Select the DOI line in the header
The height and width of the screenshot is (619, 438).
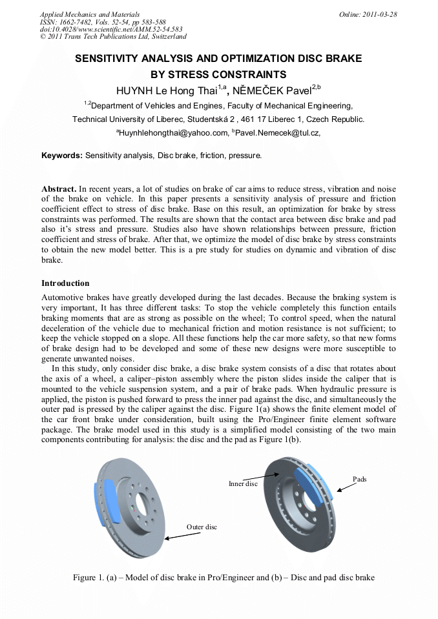(111, 29)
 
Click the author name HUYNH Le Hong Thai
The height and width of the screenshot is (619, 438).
(166, 89)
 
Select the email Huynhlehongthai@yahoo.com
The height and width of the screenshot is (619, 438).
(174, 133)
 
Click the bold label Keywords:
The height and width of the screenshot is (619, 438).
(62, 156)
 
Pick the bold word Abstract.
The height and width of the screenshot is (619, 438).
(59, 188)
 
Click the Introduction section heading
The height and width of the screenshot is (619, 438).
(65, 283)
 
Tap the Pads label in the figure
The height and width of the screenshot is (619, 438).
(360, 479)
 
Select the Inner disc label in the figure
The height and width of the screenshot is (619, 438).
(243, 483)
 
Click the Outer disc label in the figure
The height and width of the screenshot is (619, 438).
(202, 527)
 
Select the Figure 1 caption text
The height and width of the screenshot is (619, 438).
(224, 577)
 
